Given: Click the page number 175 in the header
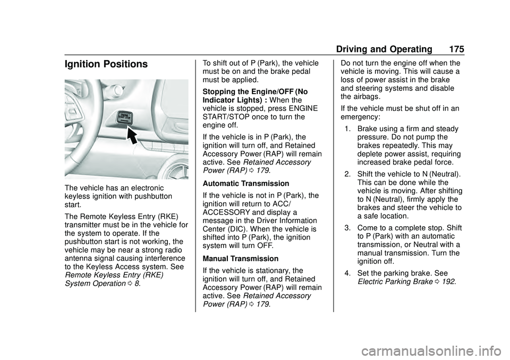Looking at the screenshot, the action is point(456,49).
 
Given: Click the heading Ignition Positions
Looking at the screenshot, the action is point(106,64).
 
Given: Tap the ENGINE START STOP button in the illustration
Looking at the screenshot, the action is point(124,117).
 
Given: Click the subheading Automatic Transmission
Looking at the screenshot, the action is point(246,183).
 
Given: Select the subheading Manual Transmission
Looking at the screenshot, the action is point(240,259).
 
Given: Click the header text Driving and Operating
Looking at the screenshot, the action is point(384,49).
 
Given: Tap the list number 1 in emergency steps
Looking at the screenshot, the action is point(347,129).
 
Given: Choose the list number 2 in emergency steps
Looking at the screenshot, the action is point(347,174).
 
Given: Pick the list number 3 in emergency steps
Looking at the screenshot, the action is point(347,228).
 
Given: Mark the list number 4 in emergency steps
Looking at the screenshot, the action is point(347,273).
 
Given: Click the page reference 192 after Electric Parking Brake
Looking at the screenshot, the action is point(449,281).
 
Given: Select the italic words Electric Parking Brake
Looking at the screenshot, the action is point(395,281).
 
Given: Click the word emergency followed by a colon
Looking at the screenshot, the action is point(360,117).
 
